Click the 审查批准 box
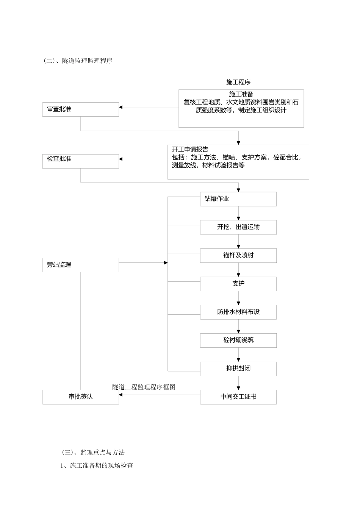pos(80,109)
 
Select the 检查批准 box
pos(80,161)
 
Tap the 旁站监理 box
pos(80,265)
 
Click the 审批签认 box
pos(80,397)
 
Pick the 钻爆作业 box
pos(238,199)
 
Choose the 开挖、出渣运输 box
pos(238,227)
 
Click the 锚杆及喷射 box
pos(238,256)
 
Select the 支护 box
pos(238,284)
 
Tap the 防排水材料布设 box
pos(238,312)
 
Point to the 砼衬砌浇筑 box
pos(238,340)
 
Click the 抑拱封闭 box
pos(238,368)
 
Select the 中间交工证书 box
pos(238,397)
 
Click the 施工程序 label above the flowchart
pos(238,82)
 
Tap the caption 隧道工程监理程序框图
pos(144,387)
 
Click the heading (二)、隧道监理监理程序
pos(78,61)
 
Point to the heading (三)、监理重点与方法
pos(93,452)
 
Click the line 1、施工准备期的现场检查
pos(97,465)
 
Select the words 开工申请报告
pos(190,150)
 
